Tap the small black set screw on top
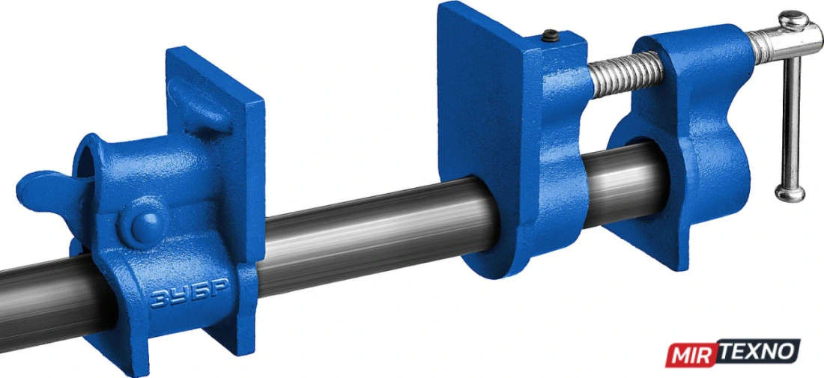tap(550, 36)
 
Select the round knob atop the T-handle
tap(793, 20)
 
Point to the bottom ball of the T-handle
tap(789, 192)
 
